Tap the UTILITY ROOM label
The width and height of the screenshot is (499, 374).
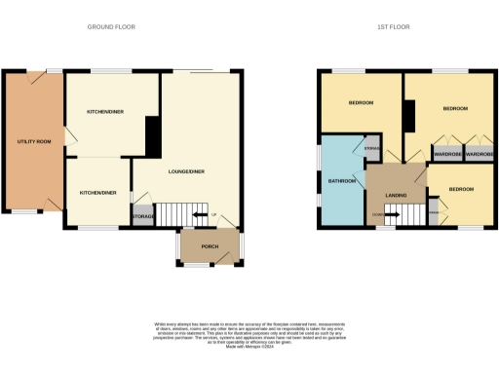click(x=33, y=142)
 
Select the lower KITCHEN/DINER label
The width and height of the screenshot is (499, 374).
click(x=97, y=193)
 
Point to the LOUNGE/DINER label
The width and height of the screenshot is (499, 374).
click(x=186, y=172)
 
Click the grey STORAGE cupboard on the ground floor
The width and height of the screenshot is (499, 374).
click(x=143, y=215)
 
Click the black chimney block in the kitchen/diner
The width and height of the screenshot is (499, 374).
click(x=153, y=137)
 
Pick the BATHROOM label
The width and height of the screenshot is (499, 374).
click(x=341, y=181)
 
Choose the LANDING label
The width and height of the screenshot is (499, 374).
click(x=396, y=196)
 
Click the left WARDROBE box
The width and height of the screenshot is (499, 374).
click(x=447, y=154)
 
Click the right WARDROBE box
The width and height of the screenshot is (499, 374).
click(x=479, y=154)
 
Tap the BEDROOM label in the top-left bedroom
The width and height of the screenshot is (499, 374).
click(x=362, y=102)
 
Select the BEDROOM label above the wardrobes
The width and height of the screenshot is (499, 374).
click(x=455, y=109)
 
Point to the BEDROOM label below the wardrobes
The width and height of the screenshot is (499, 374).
click(x=462, y=188)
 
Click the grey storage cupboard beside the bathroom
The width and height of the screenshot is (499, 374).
click(x=371, y=149)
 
